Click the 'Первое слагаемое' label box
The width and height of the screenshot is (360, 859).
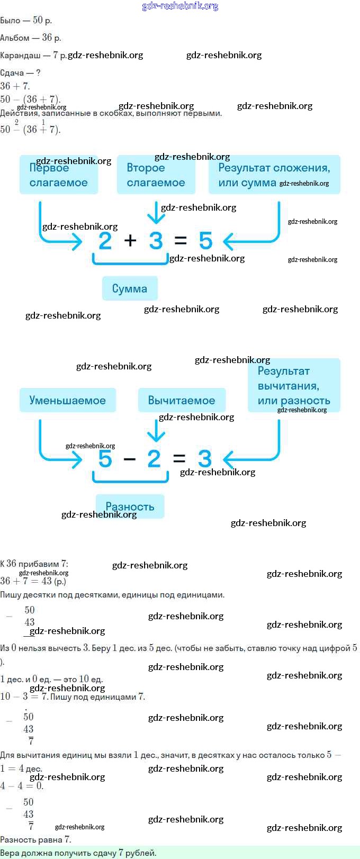point(58,175)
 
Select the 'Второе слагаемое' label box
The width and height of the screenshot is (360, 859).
point(156,175)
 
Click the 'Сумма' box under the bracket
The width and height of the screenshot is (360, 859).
point(130,288)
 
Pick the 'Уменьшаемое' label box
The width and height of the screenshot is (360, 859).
point(67,400)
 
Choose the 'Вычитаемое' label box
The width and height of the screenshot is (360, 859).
point(182,400)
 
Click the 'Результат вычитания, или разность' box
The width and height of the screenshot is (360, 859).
point(294,385)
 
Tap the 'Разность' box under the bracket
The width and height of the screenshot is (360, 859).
point(130,507)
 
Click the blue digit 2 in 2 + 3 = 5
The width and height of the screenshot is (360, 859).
point(105,241)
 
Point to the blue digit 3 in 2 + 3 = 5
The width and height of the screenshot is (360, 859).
point(155,241)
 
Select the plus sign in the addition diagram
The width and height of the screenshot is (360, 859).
point(130,241)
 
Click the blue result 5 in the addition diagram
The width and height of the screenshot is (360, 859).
point(205,241)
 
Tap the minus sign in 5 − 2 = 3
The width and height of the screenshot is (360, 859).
point(130,459)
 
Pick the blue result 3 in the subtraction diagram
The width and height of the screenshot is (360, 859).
point(204,459)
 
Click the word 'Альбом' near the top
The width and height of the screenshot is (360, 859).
point(15,38)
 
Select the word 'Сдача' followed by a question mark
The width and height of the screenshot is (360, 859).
point(12,73)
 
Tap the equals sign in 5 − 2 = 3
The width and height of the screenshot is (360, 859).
point(179,459)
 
